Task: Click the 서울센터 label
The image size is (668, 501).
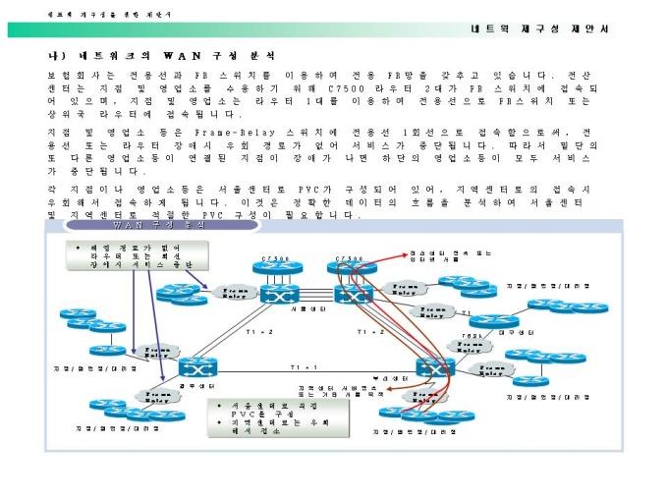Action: tap(288, 308)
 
